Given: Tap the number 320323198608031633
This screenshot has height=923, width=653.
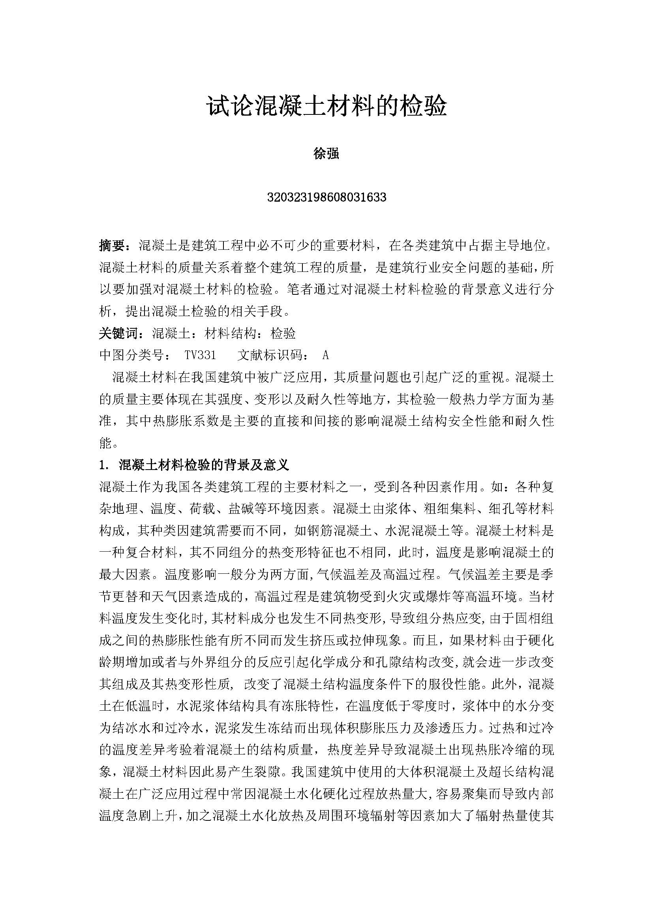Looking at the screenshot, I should pyautogui.click(x=326, y=197).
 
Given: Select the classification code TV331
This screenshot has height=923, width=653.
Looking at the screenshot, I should pyautogui.click(x=200, y=355).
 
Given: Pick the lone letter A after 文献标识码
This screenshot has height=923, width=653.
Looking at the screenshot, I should pyautogui.click(x=326, y=355).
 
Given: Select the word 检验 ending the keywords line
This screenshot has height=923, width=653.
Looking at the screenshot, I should pyautogui.click(x=283, y=333).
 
